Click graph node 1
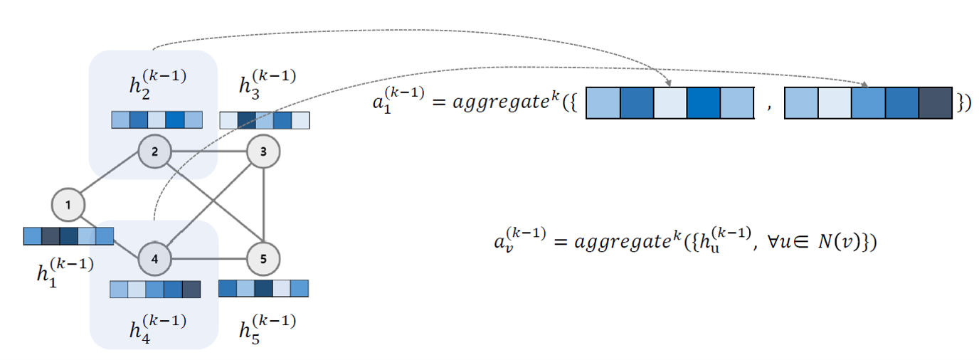click(68, 205)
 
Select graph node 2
click(155, 151)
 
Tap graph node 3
click(263, 151)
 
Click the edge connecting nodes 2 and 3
click(209, 151)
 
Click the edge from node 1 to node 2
click(112, 178)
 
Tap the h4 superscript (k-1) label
click(157, 326)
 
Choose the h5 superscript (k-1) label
click(267, 326)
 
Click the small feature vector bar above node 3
click(265, 120)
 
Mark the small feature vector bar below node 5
click(263, 288)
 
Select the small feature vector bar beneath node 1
click(68, 235)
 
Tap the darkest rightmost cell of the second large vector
click(935, 102)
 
